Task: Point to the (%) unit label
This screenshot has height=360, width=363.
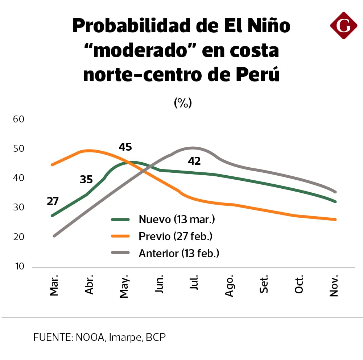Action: tap(182, 103)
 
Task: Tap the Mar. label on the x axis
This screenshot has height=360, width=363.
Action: tap(54, 286)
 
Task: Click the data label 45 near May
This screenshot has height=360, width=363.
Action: tap(125, 147)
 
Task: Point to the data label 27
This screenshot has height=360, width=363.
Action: tap(53, 201)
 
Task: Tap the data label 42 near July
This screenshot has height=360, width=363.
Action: tap(194, 161)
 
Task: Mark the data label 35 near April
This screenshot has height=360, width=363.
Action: tap(86, 180)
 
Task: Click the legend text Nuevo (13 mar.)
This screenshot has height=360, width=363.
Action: tap(177, 219)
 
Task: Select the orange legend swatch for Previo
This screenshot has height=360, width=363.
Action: tap(120, 236)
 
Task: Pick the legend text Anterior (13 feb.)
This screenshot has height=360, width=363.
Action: tap(179, 253)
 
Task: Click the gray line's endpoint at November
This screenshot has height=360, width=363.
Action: tap(335, 192)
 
